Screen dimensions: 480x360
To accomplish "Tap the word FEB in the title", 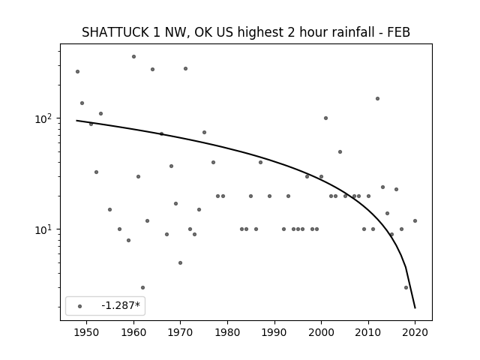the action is [x=398, y=32].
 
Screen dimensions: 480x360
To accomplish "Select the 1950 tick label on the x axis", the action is [x=87, y=332].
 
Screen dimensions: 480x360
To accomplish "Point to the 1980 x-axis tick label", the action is [x=227, y=332].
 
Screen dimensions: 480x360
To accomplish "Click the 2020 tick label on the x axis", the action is [x=415, y=332].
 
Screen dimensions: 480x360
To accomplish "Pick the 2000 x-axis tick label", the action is [x=321, y=332].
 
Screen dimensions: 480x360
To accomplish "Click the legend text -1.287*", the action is [x=121, y=305].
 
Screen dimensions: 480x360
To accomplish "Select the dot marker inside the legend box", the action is [x=80, y=306].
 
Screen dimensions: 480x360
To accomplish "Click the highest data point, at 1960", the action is [x=133, y=57].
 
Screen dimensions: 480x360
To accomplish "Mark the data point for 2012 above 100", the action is [x=377, y=98].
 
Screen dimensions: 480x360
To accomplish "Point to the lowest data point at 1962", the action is [x=142, y=287].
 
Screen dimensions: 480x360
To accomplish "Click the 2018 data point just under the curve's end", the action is [x=406, y=287].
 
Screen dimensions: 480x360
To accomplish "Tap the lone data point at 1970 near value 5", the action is [x=180, y=262].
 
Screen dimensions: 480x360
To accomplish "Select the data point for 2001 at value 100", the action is [x=325, y=118].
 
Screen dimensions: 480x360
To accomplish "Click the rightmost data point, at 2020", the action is [x=415, y=220].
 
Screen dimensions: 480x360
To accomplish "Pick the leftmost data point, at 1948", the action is [x=77, y=72].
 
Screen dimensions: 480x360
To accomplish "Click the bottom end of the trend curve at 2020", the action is [x=415, y=308].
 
